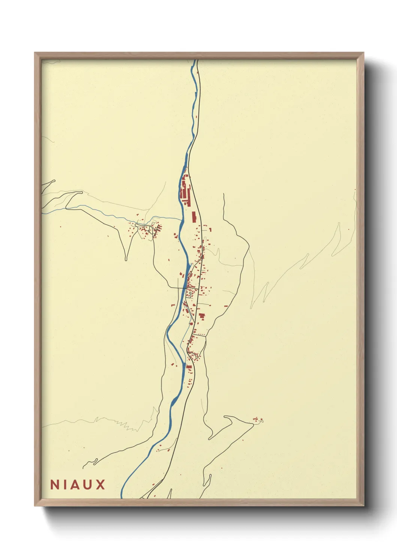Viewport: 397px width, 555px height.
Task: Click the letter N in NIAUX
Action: (x=55, y=484)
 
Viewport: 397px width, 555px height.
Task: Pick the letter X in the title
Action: (x=100, y=484)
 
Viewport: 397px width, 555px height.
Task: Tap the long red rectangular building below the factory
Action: (x=194, y=217)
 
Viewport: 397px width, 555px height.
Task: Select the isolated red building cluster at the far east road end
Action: (x=257, y=420)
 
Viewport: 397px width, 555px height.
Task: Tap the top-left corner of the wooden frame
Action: (x=35, y=53)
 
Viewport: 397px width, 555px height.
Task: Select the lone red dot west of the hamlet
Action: (x=60, y=226)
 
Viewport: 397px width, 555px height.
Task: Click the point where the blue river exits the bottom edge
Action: (x=123, y=498)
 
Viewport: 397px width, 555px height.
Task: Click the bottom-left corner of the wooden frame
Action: (x=35, y=505)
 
